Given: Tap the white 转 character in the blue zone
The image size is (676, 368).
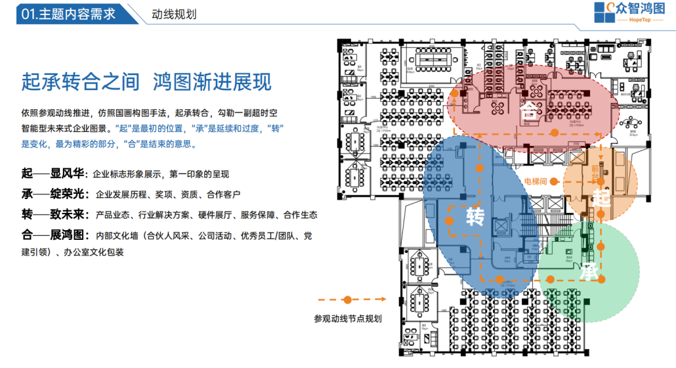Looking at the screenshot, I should pyautogui.click(x=475, y=217).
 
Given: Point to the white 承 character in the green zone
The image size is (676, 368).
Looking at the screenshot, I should pyautogui.click(x=589, y=271).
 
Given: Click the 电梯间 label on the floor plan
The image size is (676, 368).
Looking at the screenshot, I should pyautogui.click(x=536, y=180).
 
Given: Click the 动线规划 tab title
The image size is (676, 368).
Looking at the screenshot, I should pyautogui.click(x=174, y=14).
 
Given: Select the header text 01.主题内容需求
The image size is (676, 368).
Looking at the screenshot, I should pyautogui.click(x=68, y=14).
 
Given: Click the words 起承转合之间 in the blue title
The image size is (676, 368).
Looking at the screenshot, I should pyautogui.click(x=80, y=83).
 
